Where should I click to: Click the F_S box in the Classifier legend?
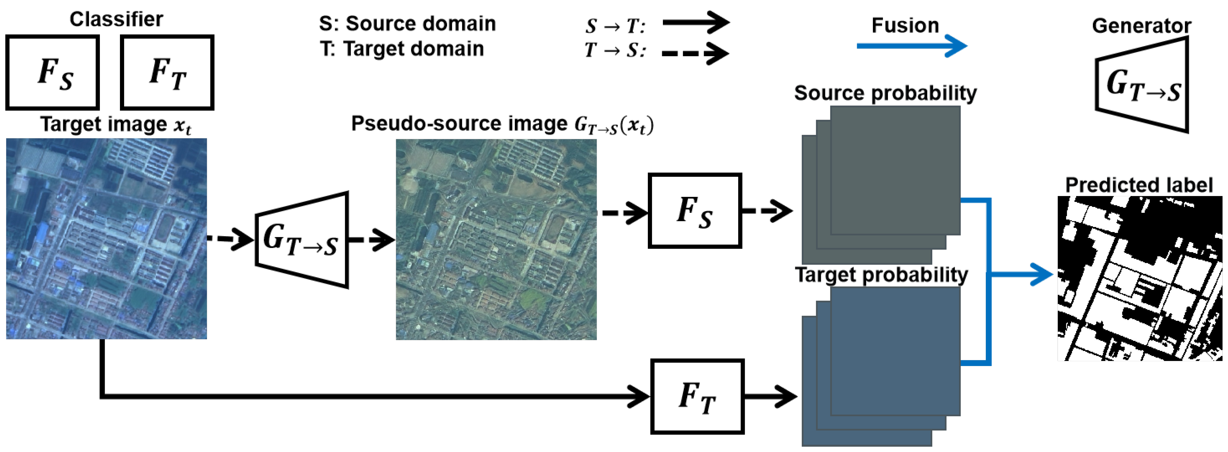pyautogui.click(x=53, y=72)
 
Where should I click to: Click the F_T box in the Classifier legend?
pyautogui.click(x=167, y=72)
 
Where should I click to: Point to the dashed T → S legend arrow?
pyautogui.click(x=695, y=53)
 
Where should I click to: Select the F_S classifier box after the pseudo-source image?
pyautogui.click(x=694, y=210)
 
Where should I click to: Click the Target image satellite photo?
pyautogui.click(x=106, y=239)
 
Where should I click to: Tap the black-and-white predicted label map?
pyautogui.click(x=1139, y=278)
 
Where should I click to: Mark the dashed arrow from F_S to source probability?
pyautogui.click(x=767, y=210)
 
